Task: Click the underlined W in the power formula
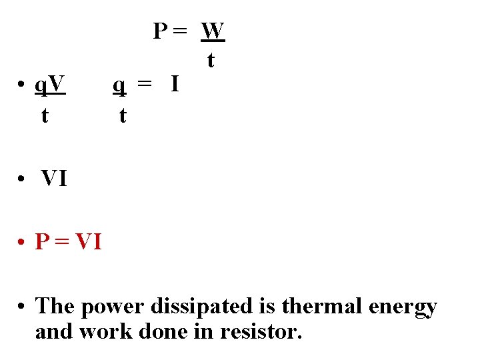pos(213,31)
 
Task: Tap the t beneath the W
pos(211,61)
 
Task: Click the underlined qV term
pos(50,85)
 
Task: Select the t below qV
pos(44,115)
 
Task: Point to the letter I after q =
pos(174,85)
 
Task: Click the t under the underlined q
pos(122,115)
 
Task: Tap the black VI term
pos(54,179)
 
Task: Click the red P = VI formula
pos(69,241)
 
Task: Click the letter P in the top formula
pos(161,31)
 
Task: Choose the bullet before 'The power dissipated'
pos(22,307)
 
